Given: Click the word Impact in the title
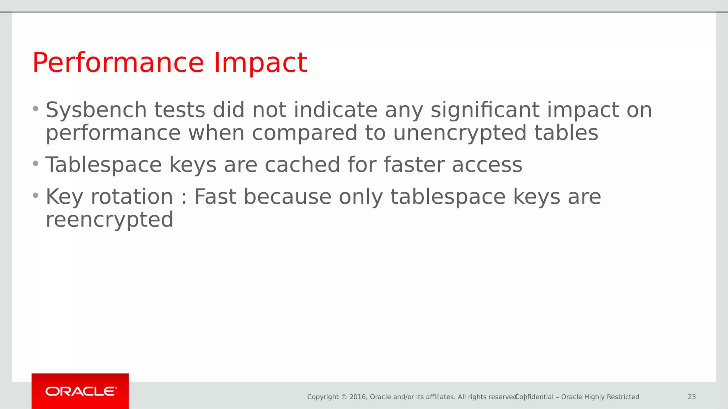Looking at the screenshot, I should pyautogui.click(x=260, y=63).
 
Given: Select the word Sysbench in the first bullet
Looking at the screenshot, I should pyautogui.click(x=96, y=110).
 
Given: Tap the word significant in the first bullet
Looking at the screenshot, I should pyautogui.click(x=485, y=110).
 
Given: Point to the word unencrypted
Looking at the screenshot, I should pyautogui.click(x=460, y=133).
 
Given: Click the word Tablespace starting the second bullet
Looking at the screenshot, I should pyautogui.click(x=103, y=165).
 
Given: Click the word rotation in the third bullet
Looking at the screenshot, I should pyautogui.click(x=132, y=197).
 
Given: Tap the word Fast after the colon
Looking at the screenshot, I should pyautogui.click(x=215, y=197).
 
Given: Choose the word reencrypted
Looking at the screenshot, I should pyautogui.click(x=109, y=220).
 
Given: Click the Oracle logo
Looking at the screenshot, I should pyautogui.click(x=80, y=391).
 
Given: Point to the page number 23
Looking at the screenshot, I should pyautogui.click(x=692, y=397).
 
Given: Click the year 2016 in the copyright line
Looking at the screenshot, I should pyautogui.click(x=358, y=397).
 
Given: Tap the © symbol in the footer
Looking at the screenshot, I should pyautogui.click(x=344, y=397).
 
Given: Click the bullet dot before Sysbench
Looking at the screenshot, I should pyautogui.click(x=35, y=109).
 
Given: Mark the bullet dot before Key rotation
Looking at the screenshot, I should pyautogui.click(x=35, y=196).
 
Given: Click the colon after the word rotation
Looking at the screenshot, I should pyautogui.click(x=184, y=198).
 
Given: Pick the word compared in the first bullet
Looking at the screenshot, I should pyautogui.click(x=304, y=133).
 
